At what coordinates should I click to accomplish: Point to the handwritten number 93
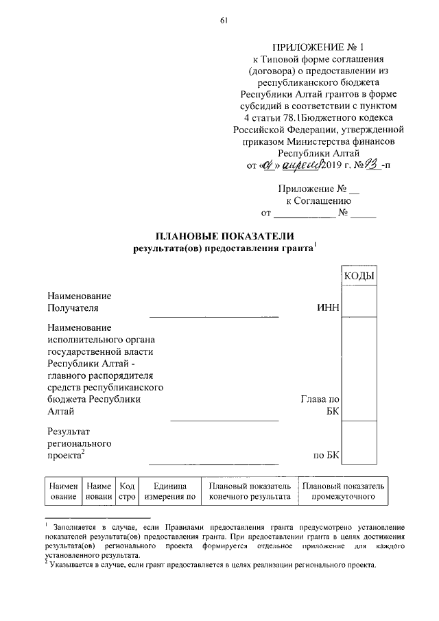[x=375, y=165]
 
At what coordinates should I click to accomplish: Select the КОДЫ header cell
[x=358, y=276]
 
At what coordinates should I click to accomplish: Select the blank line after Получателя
[x=214, y=316]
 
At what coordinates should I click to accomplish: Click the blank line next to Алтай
[x=224, y=419]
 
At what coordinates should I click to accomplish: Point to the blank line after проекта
[x=214, y=463]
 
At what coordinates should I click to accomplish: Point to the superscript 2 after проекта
[x=82, y=451]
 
